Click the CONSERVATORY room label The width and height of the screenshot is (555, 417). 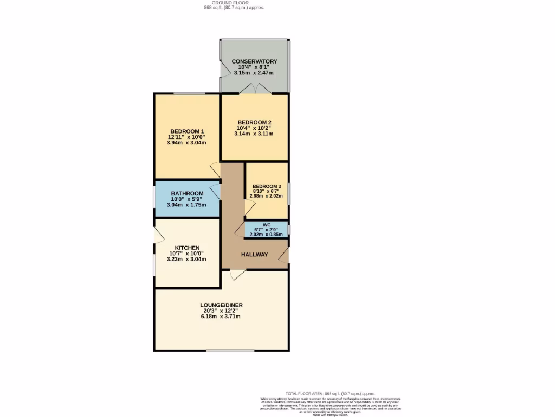[x=254, y=61]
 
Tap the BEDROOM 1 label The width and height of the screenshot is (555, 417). [x=187, y=131]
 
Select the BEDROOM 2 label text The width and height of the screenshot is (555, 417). [x=254, y=122]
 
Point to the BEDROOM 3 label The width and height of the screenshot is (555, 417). [x=267, y=186]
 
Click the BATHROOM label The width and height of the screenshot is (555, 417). [x=187, y=193]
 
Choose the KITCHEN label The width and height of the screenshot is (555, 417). [x=187, y=248]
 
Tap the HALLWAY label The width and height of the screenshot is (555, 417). [x=254, y=254]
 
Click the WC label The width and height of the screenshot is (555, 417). [x=267, y=225]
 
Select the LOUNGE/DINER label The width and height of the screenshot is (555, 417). [x=221, y=305]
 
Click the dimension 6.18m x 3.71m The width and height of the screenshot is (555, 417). [x=221, y=317]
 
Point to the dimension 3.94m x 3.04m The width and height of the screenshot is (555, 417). [x=187, y=143]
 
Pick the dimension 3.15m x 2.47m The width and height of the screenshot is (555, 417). [x=254, y=73]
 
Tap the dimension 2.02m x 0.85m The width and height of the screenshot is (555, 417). [x=267, y=234]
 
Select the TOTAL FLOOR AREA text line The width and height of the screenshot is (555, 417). [x=330, y=393]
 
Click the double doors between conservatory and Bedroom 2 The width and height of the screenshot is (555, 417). [x=254, y=89]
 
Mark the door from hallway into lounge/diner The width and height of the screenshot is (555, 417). [x=237, y=275]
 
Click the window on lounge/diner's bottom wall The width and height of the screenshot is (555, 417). [x=222, y=350]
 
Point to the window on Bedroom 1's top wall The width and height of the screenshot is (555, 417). [x=189, y=94]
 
